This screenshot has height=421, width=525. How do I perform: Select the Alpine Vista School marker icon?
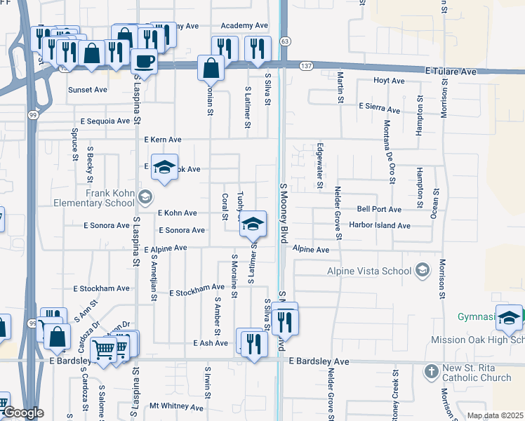[423, 270]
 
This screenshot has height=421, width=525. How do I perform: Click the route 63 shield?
[284, 41]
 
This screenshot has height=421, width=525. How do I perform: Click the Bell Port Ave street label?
[378, 209]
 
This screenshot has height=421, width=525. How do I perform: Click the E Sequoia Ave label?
[105, 121]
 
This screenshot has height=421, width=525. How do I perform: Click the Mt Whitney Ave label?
[176, 406]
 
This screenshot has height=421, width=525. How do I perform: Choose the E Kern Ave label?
[162, 140]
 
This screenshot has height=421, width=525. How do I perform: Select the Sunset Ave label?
[87, 90]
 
